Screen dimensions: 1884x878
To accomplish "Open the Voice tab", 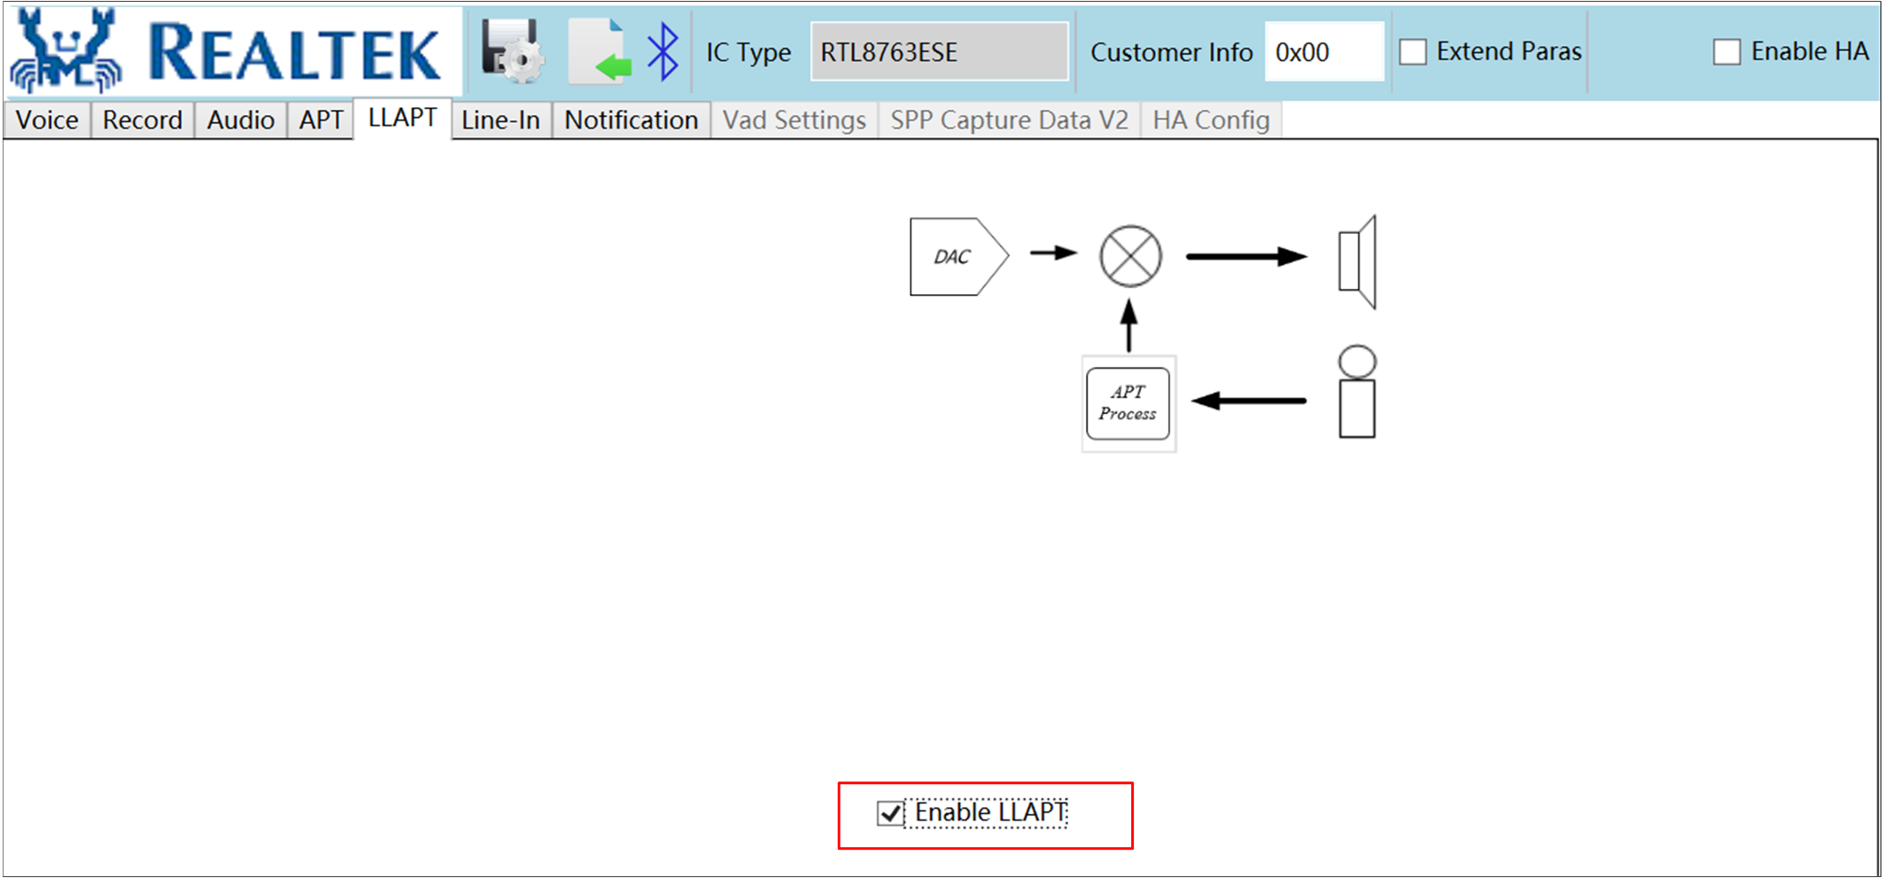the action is [47, 120].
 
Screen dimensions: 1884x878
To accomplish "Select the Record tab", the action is [142, 120].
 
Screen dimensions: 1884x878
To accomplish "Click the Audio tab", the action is [240, 120].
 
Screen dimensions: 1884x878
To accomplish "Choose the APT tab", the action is [321, 120].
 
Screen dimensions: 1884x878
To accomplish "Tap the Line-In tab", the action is [500, 120].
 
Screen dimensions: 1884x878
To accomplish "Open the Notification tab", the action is [631, 120].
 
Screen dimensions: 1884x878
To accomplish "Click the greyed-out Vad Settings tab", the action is [795, 120].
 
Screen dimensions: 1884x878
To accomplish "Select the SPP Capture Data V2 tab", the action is [1010, 120].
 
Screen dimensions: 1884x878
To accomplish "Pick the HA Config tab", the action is [1211, 120].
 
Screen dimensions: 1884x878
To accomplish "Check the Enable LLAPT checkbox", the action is [889, 813].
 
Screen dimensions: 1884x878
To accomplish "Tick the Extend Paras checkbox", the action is [1413, 52].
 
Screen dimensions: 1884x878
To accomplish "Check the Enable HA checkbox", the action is [1726, 52].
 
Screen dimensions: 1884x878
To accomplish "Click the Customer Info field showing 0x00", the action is [1324, 52].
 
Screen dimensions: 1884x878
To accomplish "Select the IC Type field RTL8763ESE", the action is [940, 52].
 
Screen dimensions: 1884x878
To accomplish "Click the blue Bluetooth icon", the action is [663, 51].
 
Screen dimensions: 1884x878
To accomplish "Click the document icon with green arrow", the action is [600, 51].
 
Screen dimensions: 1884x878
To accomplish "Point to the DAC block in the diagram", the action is [958, 257].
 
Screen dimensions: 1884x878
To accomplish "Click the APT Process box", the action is [1128, 403].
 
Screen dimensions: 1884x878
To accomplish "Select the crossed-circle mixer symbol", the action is [1130, 256].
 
